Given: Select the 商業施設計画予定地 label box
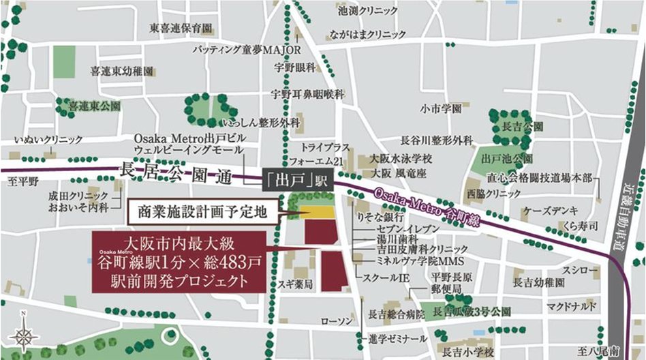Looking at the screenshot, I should [x=203, y=212].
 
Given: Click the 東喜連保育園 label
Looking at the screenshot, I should [x=181, y=28].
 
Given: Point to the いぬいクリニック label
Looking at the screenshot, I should [x=48, y=140].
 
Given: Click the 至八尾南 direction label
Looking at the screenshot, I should [x=605, y=349].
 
